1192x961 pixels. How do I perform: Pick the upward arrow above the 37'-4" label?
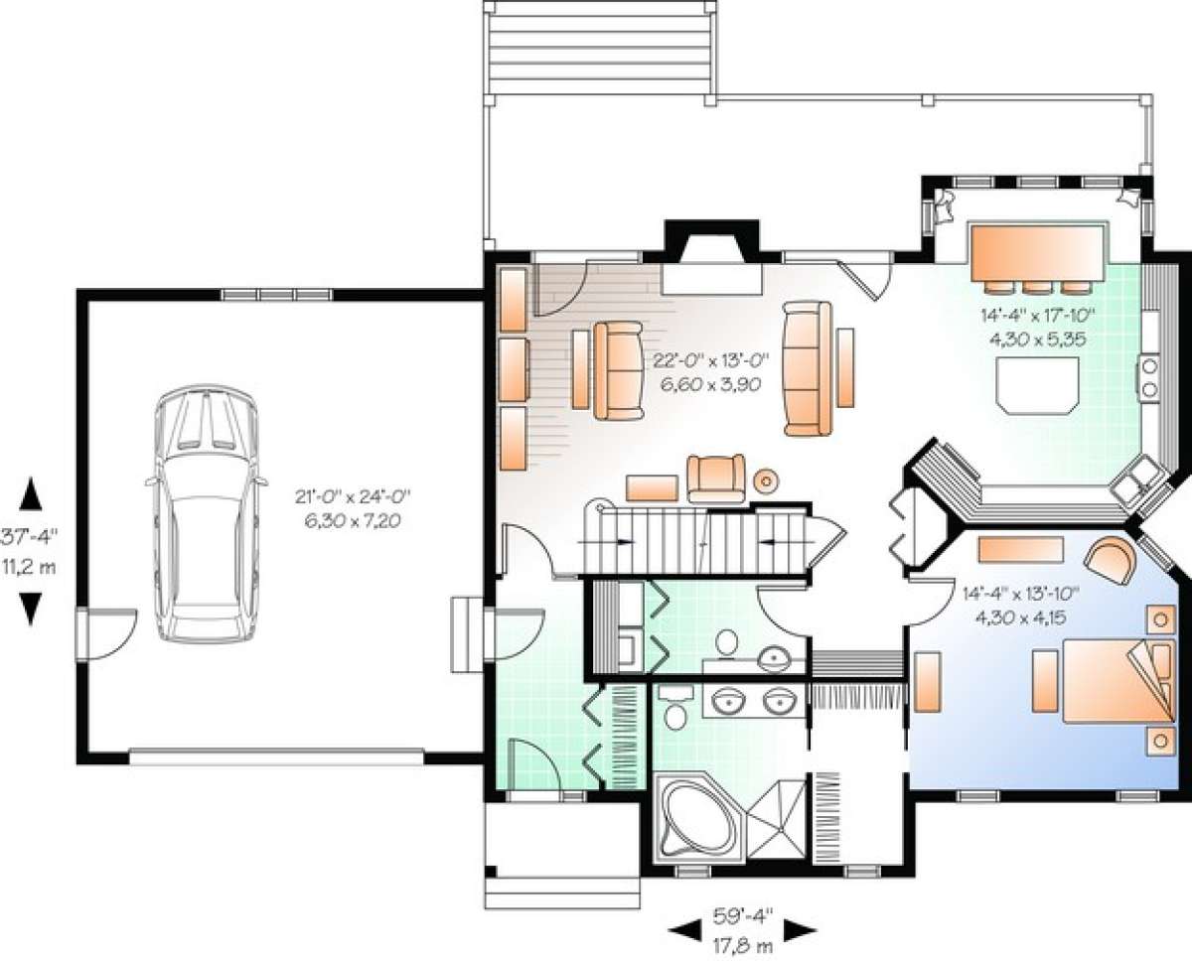31,493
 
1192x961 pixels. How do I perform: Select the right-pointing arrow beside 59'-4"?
800,930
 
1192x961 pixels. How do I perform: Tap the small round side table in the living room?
766,480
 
